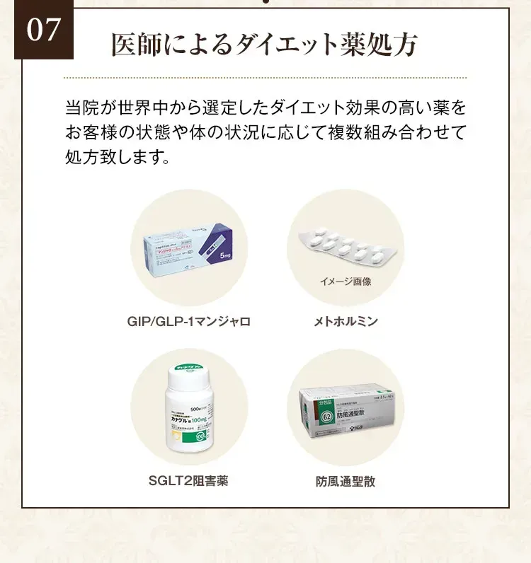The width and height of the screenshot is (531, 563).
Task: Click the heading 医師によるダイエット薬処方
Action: [x=264, y=45]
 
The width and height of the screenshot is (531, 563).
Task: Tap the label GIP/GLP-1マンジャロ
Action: [x=189, y=322]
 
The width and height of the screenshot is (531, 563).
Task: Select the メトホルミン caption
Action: [x=346, y=322]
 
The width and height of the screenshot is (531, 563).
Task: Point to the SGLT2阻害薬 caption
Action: [x=189, y=481]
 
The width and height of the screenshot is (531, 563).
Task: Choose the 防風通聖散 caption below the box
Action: [x=346, y=482]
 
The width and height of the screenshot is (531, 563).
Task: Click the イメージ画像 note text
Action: [x=346, y=281]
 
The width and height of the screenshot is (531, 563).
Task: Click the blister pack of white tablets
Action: [x=346, y=247]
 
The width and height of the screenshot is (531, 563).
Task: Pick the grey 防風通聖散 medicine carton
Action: [x=347, y=414]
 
